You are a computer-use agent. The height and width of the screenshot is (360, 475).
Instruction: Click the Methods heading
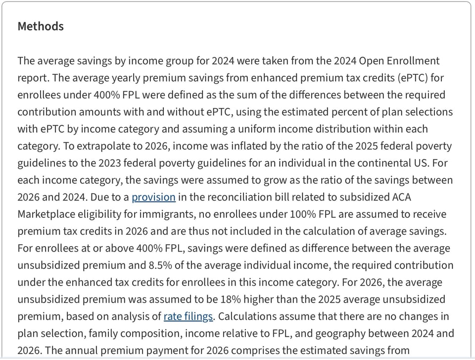[41, 26]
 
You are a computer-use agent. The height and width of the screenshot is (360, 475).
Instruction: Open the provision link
[153, 197]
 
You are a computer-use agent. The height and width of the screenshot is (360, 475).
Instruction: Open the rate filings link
[188, 316]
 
